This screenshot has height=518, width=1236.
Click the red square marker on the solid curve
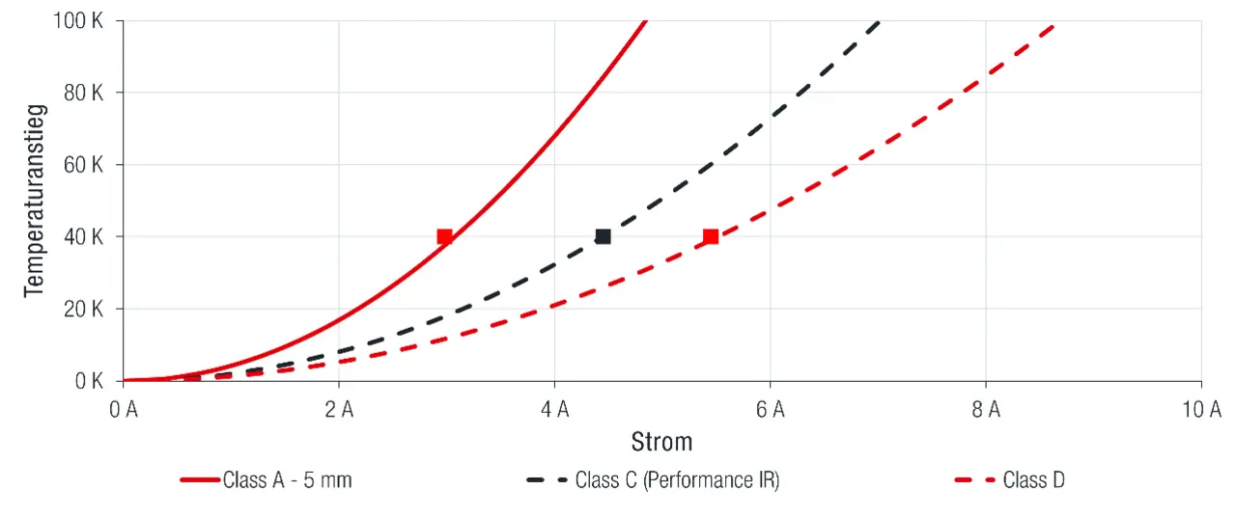coord(444,236)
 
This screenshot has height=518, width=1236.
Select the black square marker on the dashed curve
coord(604,236)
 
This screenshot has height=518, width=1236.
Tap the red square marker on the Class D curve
coord(711,236)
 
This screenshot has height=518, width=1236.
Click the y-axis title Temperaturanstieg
coord(35,202)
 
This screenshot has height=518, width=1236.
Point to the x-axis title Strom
coord(661,442)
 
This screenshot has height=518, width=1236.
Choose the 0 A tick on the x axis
coord(124,410)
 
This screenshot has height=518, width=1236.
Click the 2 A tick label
coord(339,410)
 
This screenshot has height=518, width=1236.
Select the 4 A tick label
coord(554,410)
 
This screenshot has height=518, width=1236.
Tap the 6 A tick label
coord(770,410)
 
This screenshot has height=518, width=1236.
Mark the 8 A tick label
coord(985,410)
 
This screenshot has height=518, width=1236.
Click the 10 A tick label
coord(1201,410)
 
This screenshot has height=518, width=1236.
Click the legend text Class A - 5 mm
coord(287,479)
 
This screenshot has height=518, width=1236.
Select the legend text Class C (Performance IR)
coord(676,479)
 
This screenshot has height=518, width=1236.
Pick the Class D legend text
coord(1033,479)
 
